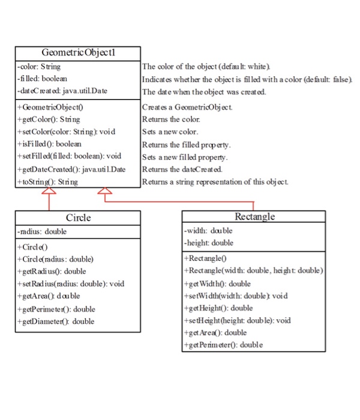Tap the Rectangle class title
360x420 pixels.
coord(254,216)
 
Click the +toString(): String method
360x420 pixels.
coord(48,182)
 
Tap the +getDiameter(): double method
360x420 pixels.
coord(58,321)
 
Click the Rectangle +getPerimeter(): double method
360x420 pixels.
coord(224,344)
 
